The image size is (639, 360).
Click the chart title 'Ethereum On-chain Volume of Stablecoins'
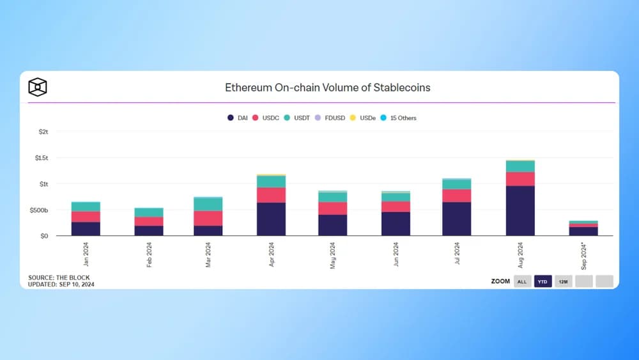pos(327,87)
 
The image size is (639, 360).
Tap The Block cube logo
pos(38,87)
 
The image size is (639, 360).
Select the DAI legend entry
pos(238,118)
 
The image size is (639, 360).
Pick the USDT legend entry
pos(298,118)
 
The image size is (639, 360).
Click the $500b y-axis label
pos(39,210)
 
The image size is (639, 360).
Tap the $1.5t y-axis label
pos(42,157)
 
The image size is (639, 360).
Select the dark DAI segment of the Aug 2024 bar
pos(520,210)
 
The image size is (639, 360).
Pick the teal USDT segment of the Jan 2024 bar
pos(86,206)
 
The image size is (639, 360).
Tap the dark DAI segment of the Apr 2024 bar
pos(271,219)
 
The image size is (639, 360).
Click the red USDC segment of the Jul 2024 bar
pos(456,195)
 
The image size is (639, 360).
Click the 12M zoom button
pos(563,281)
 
